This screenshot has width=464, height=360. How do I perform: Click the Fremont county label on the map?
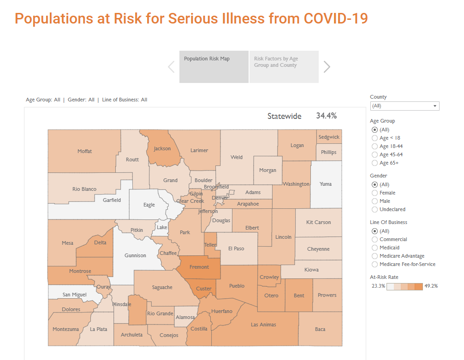[x=199, y=267]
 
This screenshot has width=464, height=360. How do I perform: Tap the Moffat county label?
[x=85, y=151]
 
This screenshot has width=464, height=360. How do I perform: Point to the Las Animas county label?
[x=263, y=325]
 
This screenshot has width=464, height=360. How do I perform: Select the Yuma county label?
[x=326, y=184]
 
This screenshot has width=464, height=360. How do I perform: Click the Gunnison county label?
[x=135, y=255]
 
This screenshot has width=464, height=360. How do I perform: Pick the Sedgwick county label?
[x=329, y=137]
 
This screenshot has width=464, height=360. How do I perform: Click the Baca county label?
[x=320, y=329]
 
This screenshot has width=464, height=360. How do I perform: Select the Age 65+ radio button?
[x=375, y=163]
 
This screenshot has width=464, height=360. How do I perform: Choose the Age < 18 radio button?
[x=375, y=138]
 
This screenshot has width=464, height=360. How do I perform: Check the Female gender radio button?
[x=375, y=193]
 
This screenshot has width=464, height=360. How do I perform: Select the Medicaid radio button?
[x=375, y=248]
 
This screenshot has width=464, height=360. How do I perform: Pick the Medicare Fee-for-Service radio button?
[x=375, y=264]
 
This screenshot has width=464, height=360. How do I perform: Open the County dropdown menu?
[x=405, y=106]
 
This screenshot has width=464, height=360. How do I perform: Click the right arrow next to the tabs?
[x=327, y=67]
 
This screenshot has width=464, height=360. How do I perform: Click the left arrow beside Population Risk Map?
[x=171, y=67]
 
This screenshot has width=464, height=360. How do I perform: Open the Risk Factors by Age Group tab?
[x=284, y=67]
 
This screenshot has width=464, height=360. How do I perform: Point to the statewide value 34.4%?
[x=326, y=116]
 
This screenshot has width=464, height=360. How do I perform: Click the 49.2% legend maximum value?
[x=431, y=286]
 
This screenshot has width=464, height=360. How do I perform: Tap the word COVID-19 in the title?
[x=336, y=18]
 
